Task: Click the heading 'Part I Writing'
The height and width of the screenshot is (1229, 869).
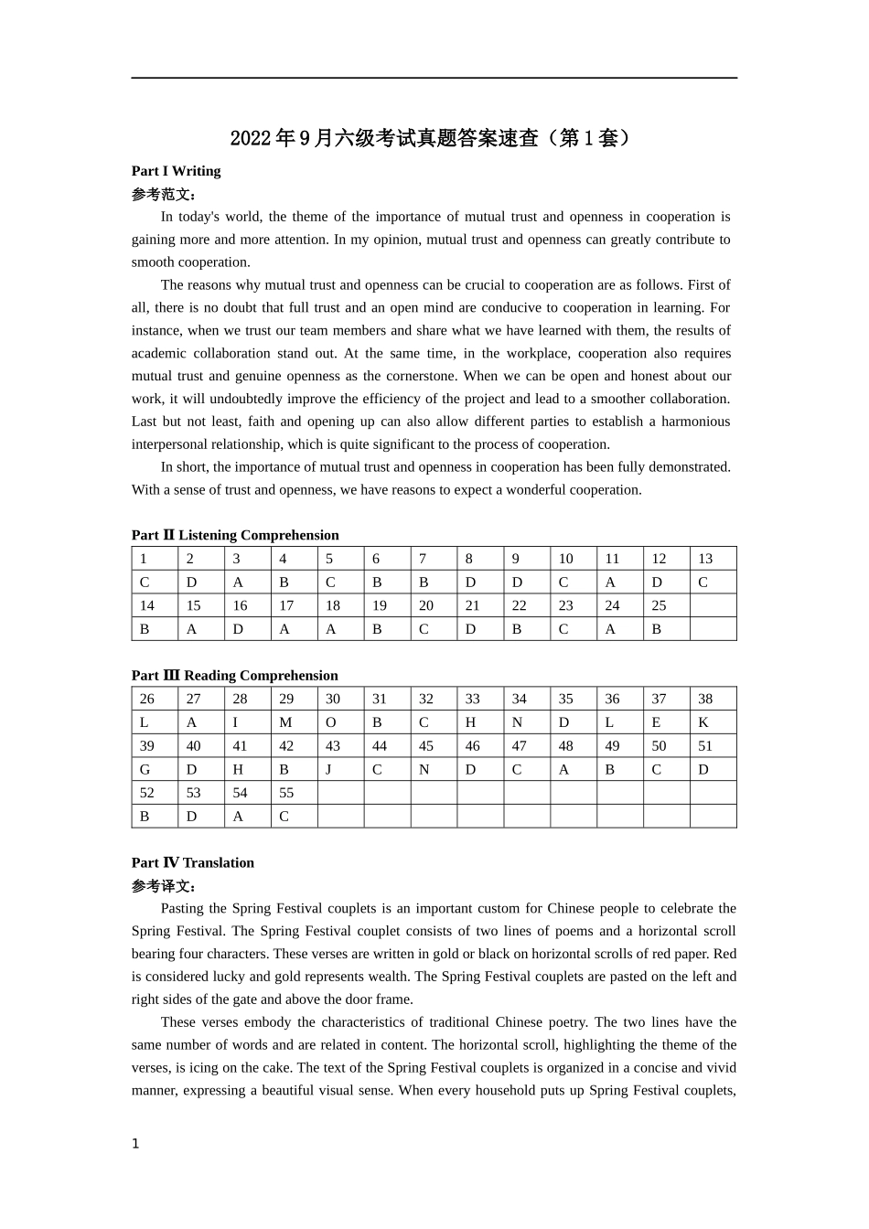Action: point(176,171)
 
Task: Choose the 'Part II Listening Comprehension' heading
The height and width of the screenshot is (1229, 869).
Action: point(235,535)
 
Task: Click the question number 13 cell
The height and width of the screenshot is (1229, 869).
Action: point(713,559)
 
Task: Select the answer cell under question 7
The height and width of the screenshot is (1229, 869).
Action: point(434,582)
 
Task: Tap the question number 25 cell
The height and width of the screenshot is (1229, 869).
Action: point(666,605)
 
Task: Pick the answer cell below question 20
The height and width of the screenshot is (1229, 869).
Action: point(434,629)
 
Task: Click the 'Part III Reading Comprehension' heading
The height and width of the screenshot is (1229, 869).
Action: point(234,676)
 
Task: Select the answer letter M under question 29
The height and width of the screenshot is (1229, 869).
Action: point(294,722)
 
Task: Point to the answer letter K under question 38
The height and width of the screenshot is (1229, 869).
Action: point(713,722)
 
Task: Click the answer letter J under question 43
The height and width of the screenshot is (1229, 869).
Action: point(340,770)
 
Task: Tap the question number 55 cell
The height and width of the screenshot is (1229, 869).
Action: point(294,793)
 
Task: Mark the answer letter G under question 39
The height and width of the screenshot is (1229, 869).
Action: point(154,770)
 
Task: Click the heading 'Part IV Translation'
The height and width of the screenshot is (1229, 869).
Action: point(193,862)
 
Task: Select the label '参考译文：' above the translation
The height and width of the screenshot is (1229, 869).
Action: point(164,886)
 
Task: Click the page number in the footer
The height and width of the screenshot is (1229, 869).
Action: point(135,1144)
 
